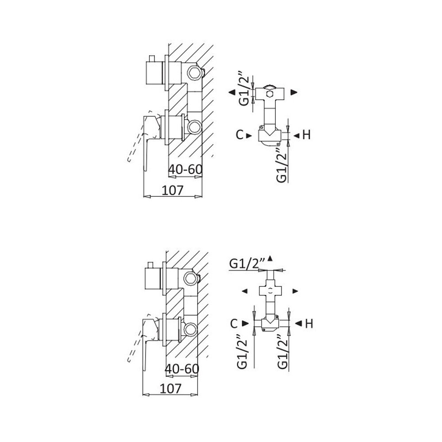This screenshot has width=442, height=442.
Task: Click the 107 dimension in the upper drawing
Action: click(x=172, y=190)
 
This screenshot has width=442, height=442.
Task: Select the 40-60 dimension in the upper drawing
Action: click(x=185, y=169)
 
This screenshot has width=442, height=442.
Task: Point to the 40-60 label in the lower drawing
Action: click(x=182, y=368)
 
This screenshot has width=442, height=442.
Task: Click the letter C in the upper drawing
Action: click(x=239, y=135)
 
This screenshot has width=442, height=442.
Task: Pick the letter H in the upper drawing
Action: click(x=307, y=135)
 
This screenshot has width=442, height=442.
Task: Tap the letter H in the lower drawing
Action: click(x=309, y=324)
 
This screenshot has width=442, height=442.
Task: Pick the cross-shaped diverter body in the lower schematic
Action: click(x=270, y=290)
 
